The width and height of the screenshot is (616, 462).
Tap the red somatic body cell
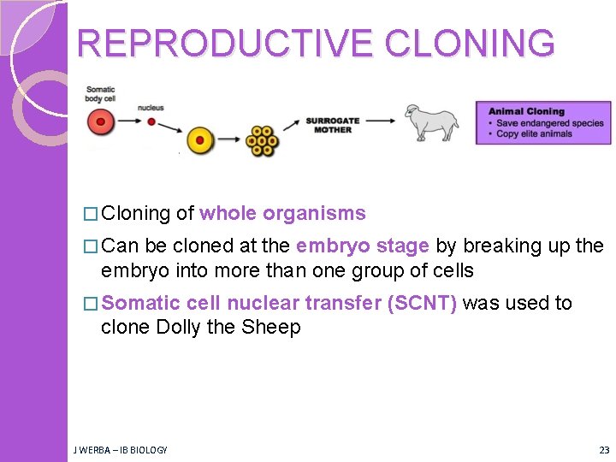[100, 122]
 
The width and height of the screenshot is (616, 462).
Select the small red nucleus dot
[151, 121]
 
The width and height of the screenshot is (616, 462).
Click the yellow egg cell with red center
[199, 139]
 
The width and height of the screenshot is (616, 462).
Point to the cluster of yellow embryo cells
[263, 141]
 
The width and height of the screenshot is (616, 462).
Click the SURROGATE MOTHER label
[333, 125]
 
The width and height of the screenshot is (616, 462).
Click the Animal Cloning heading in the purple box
[526, 111]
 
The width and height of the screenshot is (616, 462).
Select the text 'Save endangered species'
[550, 122]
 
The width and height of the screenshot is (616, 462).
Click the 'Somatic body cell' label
[100, 94]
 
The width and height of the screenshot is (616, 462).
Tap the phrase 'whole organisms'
[282, 214]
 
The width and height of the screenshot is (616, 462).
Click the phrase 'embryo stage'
[363, 246]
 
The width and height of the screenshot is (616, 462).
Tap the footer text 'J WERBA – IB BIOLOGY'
[121, 450]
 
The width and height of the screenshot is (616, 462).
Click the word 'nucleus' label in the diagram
[151, 108]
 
